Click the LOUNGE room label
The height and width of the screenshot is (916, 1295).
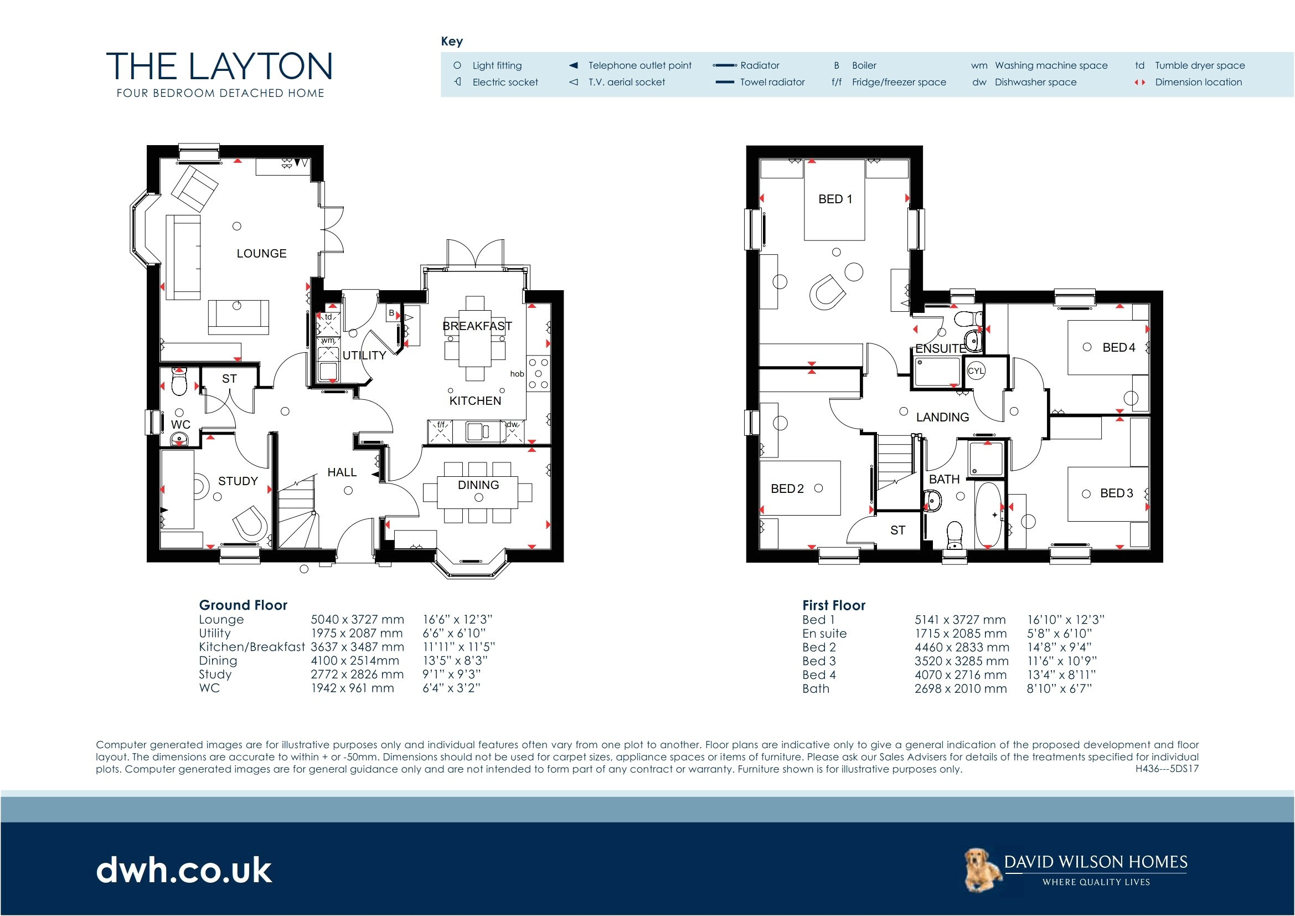(261, 254)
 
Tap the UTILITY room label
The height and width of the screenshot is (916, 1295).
(364, 356)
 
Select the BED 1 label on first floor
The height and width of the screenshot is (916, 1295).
(835, 199)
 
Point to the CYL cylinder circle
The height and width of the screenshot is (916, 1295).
(976, 371)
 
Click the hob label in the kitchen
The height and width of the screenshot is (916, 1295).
(517, 374)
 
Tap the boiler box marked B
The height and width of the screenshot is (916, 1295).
(391, 313)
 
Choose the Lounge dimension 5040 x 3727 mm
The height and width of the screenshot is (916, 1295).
(357, 619)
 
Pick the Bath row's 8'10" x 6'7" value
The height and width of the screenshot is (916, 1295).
(1059, 688)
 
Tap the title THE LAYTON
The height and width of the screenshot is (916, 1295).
(219, 66)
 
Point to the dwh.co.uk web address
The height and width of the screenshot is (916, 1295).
(184, 871)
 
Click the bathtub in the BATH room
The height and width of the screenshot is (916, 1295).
(988, 515)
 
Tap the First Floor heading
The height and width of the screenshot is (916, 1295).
(833, 605)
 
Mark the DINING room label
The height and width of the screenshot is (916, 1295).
(478, 485)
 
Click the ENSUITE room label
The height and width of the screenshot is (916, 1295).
(940, 348)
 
